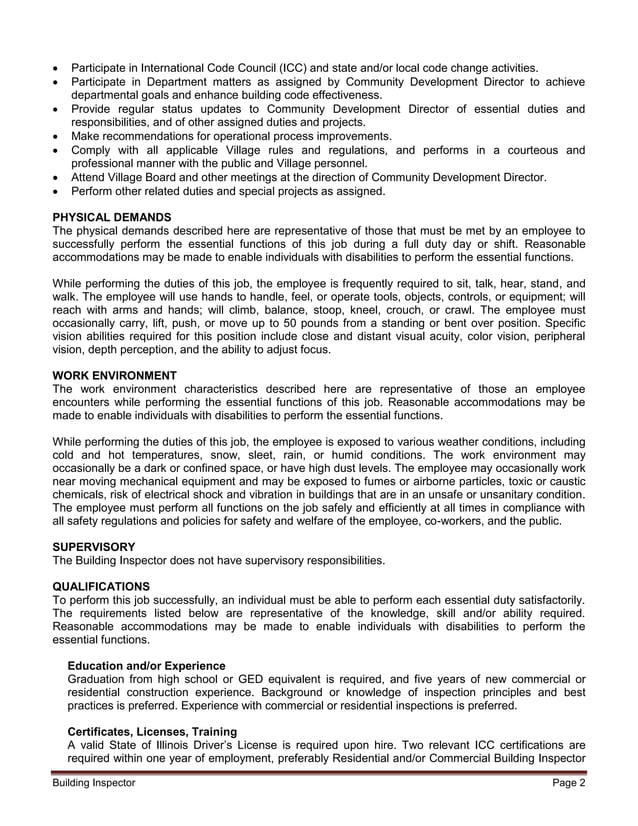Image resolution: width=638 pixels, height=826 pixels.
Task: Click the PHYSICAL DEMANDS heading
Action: [111, 217]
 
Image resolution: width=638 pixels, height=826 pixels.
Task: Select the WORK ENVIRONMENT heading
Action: [114, 375]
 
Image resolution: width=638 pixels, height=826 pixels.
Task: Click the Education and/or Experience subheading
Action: [146, 666]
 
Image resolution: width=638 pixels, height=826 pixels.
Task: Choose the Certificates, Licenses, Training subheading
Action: [152, 731]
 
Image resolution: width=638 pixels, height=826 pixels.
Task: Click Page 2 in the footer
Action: [568, 783]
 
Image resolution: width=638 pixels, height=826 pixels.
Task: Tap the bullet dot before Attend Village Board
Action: [57, 177]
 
